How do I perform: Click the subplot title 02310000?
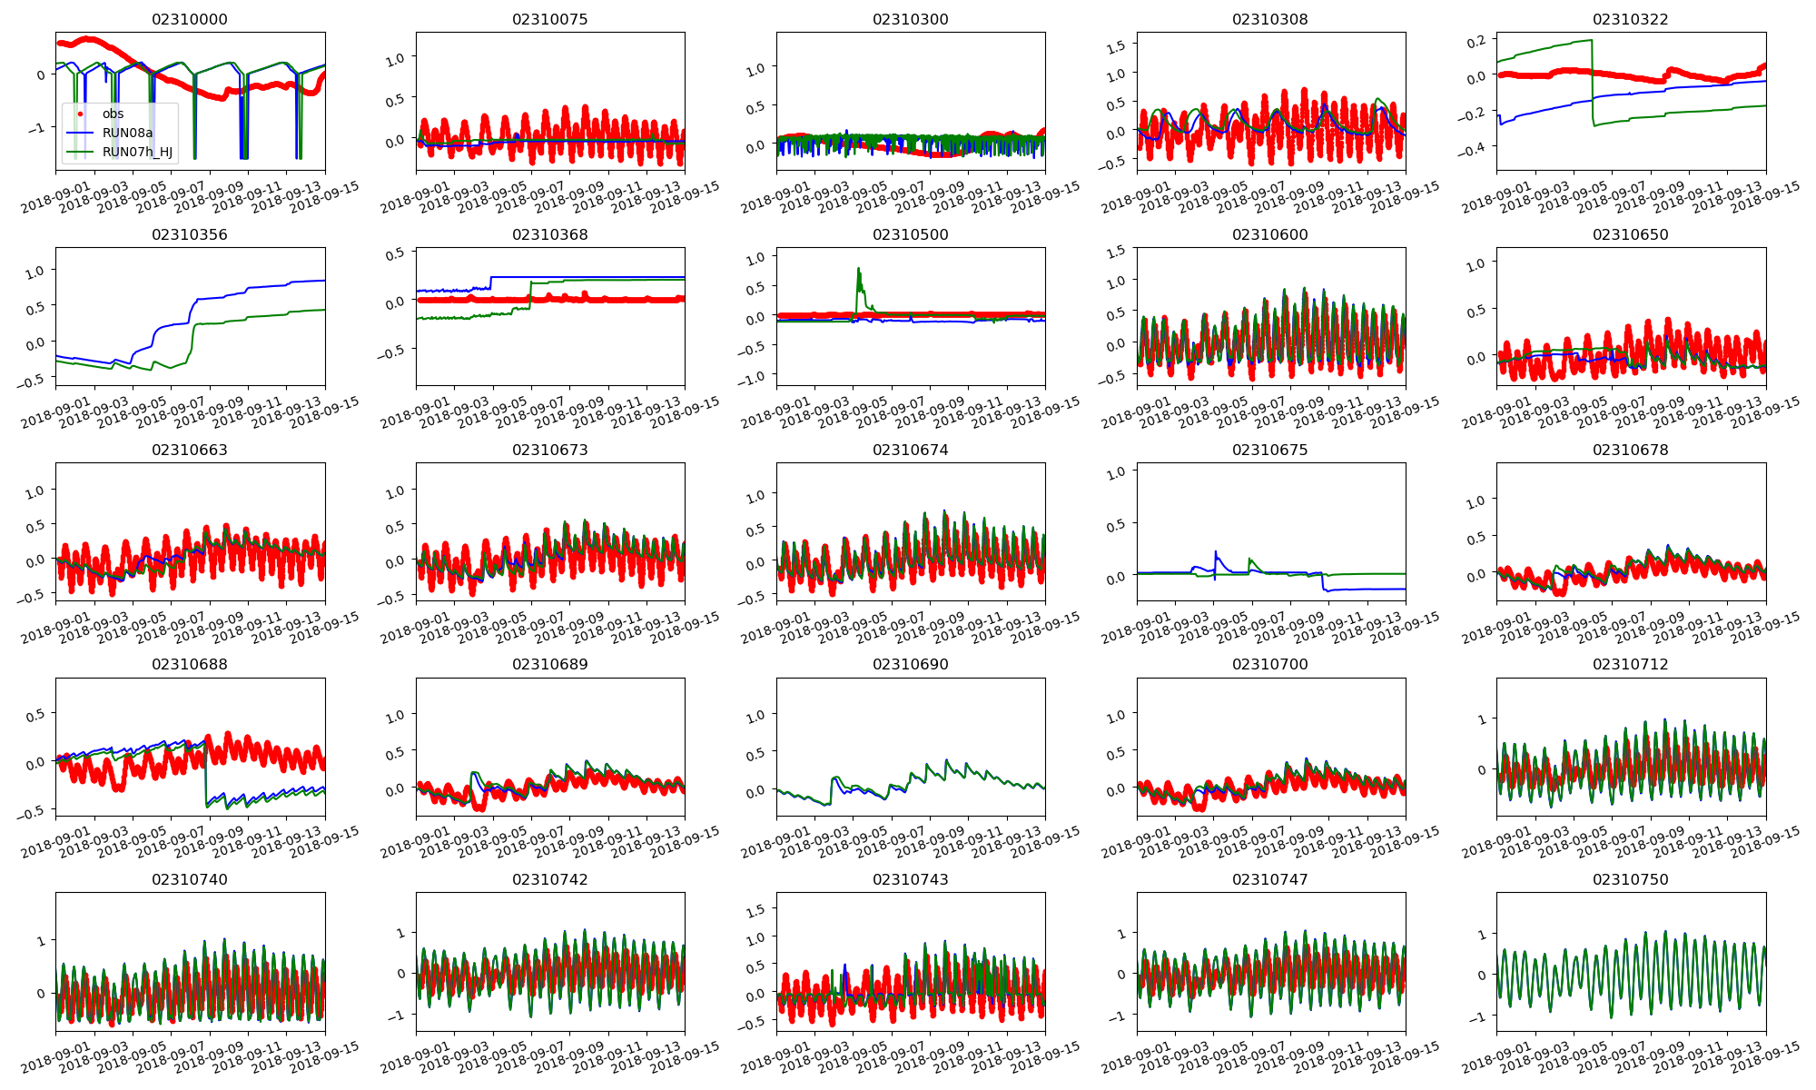tap(190, 20)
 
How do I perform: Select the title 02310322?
tap(1630, 20)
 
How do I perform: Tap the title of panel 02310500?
tap(910, 235)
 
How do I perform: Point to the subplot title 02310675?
tap(1269, 451)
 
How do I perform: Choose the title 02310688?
tap(190, 665)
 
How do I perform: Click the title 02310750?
tap(1630, 880)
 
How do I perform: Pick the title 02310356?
tap(190, 235)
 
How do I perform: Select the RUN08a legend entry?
tap(127, 133)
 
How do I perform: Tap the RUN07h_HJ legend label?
tap(137, 152)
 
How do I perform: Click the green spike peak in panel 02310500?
tap(858, 268)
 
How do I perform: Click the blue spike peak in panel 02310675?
tap(1215, 550)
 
